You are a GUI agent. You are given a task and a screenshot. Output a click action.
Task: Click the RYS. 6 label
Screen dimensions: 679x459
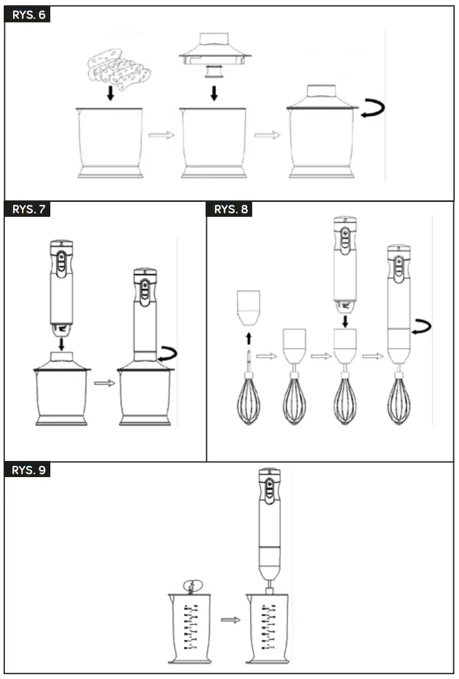(x=28, y=14)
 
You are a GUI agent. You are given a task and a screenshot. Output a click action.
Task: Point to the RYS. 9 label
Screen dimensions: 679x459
(x=28, y=470)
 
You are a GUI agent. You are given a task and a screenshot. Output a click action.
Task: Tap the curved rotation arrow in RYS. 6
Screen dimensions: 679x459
(x=373, y=109)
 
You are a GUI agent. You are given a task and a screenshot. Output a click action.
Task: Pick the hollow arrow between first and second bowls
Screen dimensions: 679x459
(x=161, y=135)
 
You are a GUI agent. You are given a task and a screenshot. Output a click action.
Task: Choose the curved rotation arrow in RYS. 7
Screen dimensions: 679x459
(x=166, y=355)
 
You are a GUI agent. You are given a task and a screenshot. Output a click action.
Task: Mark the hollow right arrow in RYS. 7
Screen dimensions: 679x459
(x=104, y=383)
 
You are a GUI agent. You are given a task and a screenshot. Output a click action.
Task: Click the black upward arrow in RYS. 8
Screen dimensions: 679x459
(x=248, y=338)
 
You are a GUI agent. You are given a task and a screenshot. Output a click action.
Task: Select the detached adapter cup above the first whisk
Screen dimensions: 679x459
(x=248, y=308)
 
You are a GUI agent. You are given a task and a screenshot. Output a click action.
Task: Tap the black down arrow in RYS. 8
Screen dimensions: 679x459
(x=345, y=321)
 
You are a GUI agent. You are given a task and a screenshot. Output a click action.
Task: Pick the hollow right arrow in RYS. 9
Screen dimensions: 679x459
(x=230, y=619)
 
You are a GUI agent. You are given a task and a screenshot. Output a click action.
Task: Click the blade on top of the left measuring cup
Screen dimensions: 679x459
(x=192, y=585)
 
